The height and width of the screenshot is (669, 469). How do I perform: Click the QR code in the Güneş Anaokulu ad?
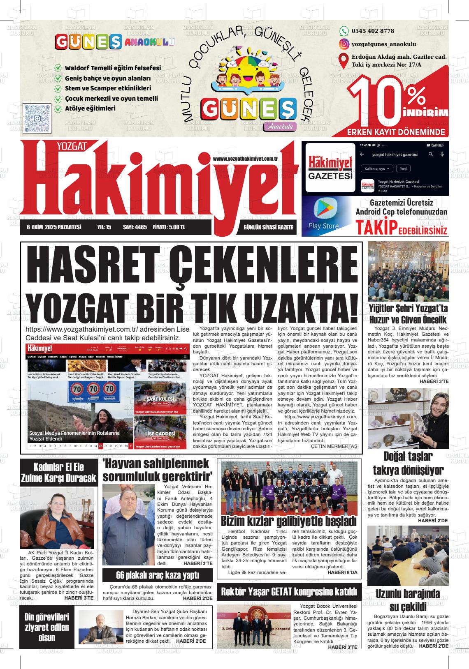coord(37,118)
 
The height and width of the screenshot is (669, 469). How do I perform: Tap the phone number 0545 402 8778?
coord(373,31)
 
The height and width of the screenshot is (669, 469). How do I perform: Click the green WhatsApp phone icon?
coord(344,31)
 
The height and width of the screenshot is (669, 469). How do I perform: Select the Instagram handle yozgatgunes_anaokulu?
coord(384,44)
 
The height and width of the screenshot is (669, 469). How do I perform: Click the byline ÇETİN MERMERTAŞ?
coord(334,446)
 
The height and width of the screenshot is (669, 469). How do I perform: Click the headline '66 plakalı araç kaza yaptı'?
coord(158,574)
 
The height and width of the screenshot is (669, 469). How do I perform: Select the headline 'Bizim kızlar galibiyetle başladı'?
coord(288,521)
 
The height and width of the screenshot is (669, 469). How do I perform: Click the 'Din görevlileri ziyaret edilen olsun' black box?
coord(46,627)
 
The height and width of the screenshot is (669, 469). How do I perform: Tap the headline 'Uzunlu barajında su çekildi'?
coord(408,600)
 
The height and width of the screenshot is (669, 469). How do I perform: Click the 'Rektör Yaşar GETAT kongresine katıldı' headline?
coord(289,592)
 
